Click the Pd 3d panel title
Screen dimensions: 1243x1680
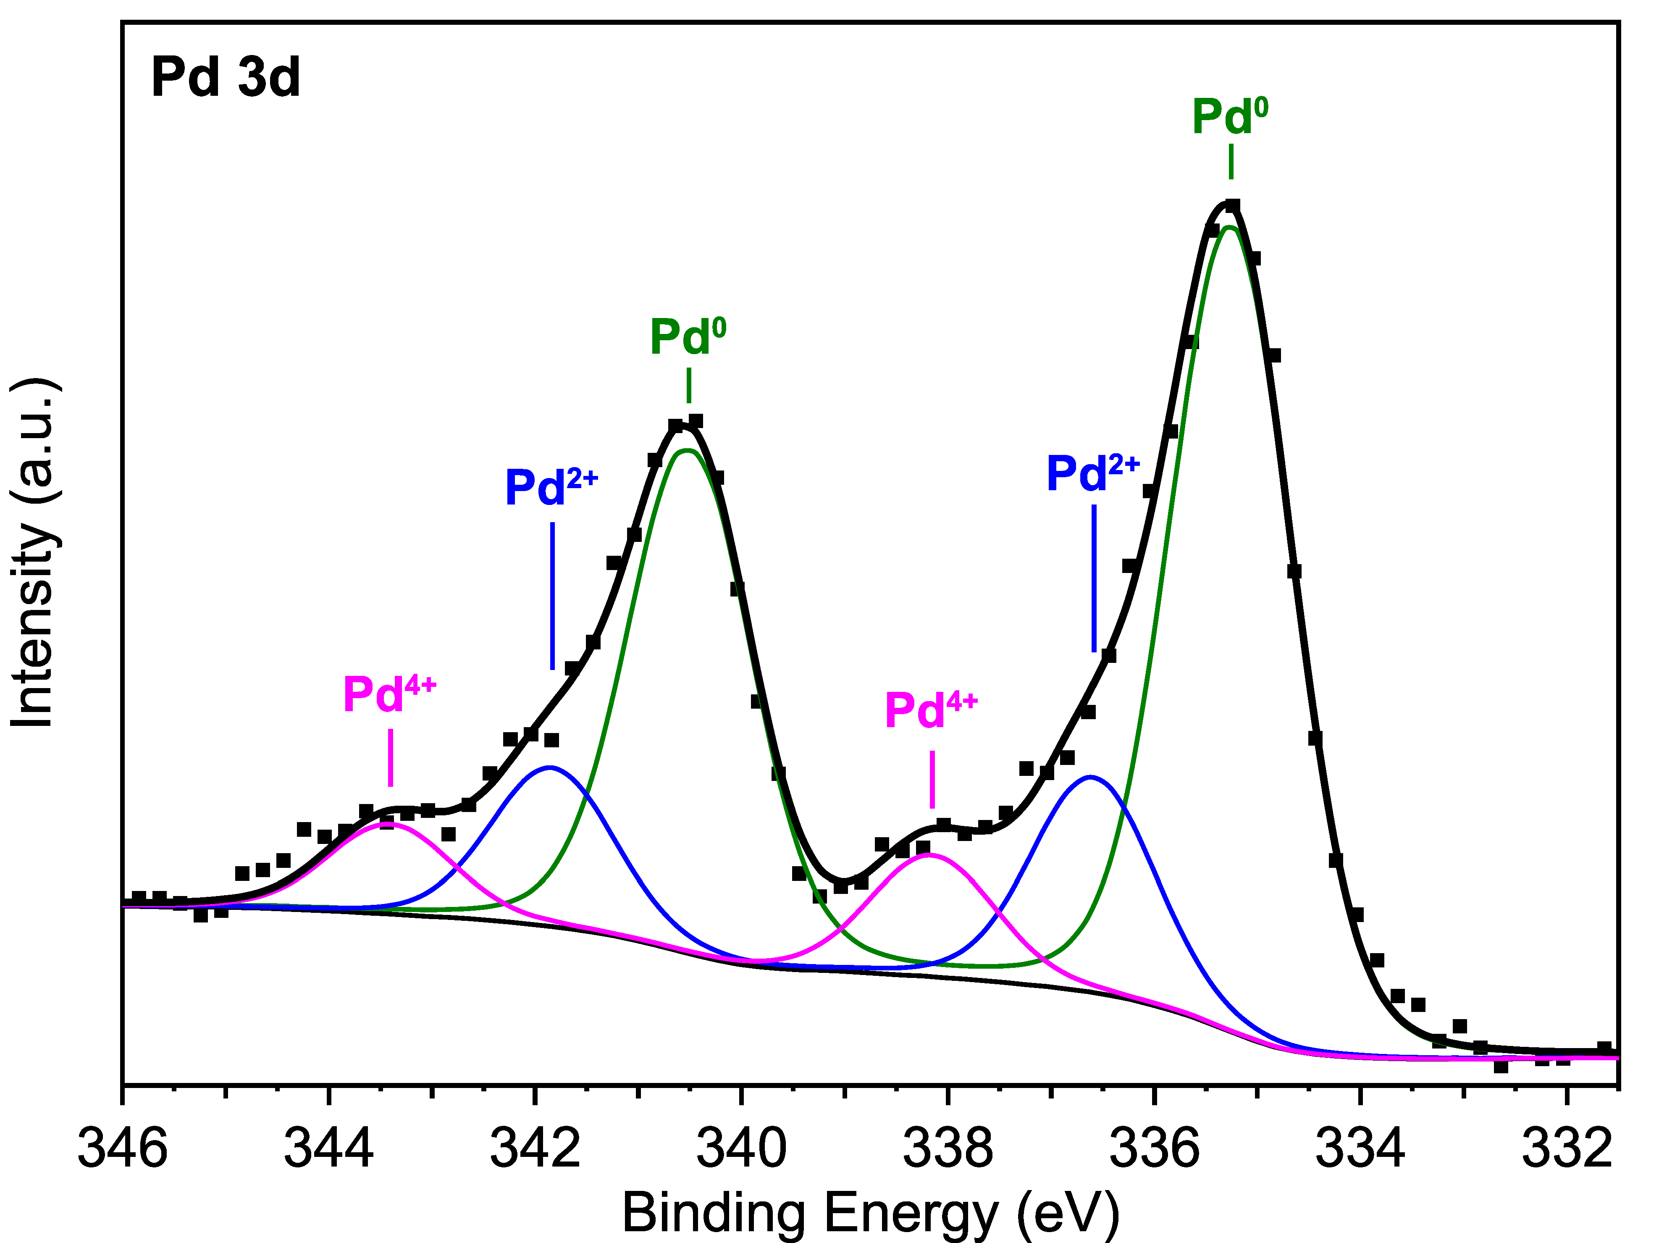pyautogui.click(x=225, y=77)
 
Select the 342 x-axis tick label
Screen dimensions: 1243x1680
pyautogui.click(x=535, y=1149)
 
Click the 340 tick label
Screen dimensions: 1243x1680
pyautogui.click(x=741, y=1149)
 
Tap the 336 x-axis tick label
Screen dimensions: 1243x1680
pyautogui.click(x=1154, y=1149)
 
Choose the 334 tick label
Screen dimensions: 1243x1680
pyautogui.click(x=1360, y=1149)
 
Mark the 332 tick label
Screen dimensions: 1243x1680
pyautogui.click(x=1567, y=1149)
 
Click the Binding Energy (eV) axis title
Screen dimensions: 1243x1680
pyautogui.click(x=871, y=1212)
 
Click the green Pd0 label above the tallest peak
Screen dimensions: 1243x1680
pyautogui.click(x=1229, y=117)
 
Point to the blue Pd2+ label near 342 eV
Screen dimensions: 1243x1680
pyautogui.click(x=551, y=487)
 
